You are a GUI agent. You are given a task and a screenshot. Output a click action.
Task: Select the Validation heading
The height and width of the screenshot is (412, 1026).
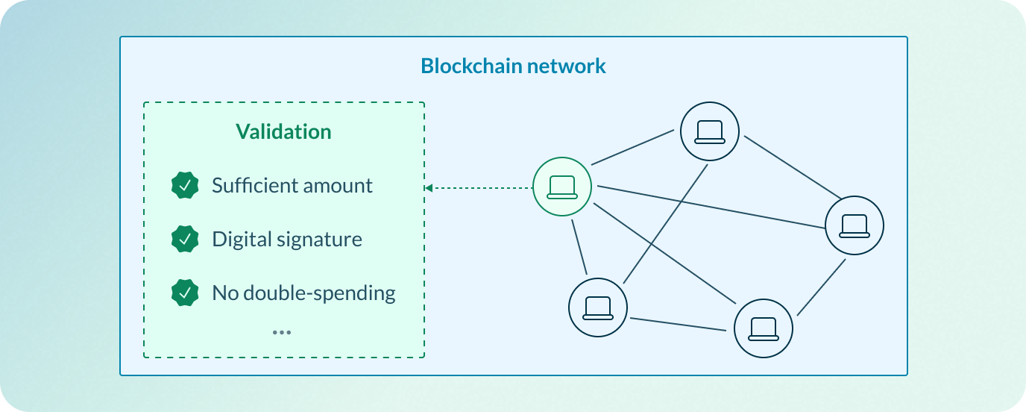click(x=283, y=132)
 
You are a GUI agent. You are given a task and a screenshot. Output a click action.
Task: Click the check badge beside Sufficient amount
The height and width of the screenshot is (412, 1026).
click(x=185, y=185)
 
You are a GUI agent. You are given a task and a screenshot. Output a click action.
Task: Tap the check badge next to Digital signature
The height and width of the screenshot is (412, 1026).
click(x=185, y=240)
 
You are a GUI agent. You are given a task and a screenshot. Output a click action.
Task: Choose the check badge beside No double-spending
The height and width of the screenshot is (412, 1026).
click(x=185, y=293)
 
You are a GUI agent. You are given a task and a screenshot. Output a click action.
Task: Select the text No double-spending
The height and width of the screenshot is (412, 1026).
click(x=303, y=293)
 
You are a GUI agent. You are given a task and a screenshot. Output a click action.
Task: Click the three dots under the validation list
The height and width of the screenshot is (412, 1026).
click(x=281, y=332)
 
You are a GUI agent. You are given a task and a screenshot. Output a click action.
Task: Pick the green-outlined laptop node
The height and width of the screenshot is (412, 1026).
click(x=561, y=187)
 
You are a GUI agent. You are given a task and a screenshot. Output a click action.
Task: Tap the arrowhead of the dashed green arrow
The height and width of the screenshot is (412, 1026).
click(x=429, y=188)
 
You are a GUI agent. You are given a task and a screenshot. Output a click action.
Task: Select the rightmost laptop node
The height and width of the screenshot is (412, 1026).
click(x=854, y=225)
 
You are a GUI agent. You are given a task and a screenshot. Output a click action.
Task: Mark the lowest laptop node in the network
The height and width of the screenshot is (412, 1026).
click(x=763, y=329)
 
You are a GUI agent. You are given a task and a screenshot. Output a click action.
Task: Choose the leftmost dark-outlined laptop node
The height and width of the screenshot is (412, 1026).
click(x=597, y=308)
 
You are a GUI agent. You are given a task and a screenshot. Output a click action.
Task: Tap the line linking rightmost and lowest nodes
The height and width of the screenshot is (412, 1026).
click(x=821, y=287)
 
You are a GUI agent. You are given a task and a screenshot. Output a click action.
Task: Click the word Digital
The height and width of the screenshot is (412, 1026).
click(x=239, y=240)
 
